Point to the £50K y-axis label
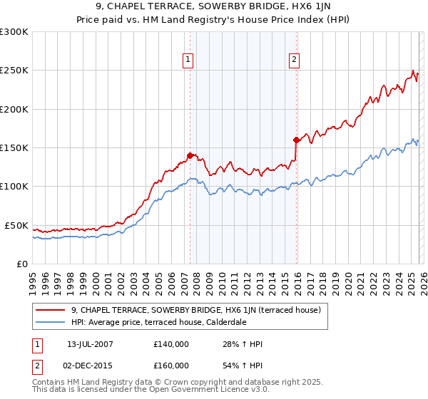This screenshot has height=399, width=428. point(16,226)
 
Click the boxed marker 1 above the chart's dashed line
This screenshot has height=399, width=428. point(188,61)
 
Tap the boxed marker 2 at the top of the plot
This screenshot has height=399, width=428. point(294,61)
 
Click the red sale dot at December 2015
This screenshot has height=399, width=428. point(295,140)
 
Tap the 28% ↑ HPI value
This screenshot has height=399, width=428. point(243,344)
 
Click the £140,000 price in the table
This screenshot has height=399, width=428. point(171,344)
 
